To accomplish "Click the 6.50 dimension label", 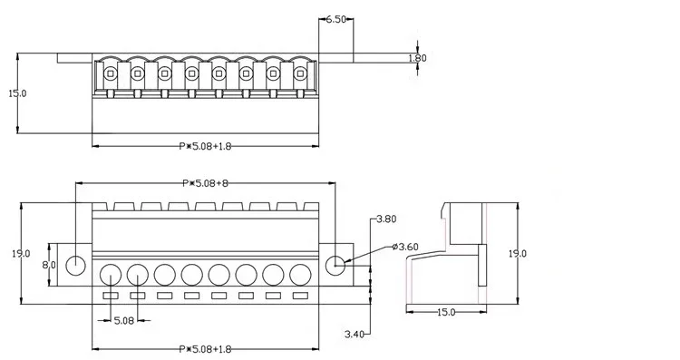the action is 335,19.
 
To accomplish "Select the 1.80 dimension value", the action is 418,58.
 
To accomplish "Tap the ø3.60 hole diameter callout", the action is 405,247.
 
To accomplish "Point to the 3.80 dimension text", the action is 386,219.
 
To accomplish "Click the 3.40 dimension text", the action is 355,334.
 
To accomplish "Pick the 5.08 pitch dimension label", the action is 124,320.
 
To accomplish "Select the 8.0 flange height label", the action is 49,265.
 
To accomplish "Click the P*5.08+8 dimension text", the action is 205,183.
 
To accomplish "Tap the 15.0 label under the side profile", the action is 446,312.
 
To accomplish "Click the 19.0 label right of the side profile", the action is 518,253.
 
